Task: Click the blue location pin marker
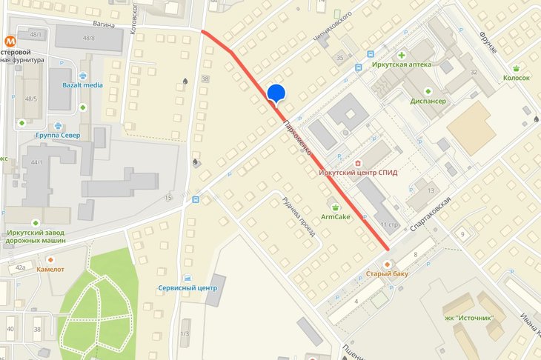coord(276,94)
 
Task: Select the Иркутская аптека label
coord(402,65)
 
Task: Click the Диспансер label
coord(427,101)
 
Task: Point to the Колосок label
coord(516,77)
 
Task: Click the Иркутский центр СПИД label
coord(358,173)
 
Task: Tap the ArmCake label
coord(336,217)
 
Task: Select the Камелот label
coord(50,270)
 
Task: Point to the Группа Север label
coord(58,135)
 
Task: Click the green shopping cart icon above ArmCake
coord(336,206)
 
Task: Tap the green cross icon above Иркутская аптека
coord(402,55)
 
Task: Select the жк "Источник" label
coord(470,317)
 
